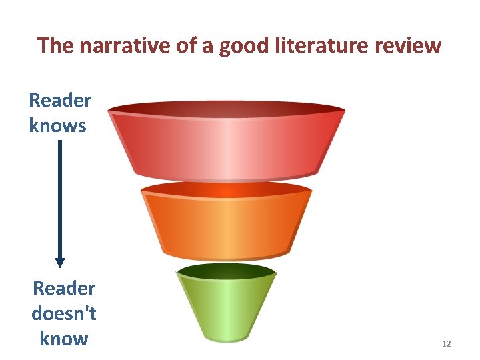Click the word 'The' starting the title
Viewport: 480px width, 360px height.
coord(54,45)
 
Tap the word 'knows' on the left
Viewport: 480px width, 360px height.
coord(58,125)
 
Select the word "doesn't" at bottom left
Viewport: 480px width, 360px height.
coord(64,313)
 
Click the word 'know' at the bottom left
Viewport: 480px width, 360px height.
coord(64,339)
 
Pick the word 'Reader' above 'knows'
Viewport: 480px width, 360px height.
coord(60,101)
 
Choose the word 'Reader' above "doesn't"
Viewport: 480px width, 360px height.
coord(64,289)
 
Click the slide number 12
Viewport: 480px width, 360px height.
coord(447,344)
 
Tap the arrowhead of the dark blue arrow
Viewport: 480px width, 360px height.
coord(60,262)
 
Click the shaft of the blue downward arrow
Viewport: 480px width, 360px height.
coord(60,200)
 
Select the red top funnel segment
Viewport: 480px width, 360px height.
coord(227,147)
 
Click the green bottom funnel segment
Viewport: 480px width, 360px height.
coord(227,307)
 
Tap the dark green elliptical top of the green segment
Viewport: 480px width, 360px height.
coord(227,271)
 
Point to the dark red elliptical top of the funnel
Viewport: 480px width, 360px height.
coord(227,108)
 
